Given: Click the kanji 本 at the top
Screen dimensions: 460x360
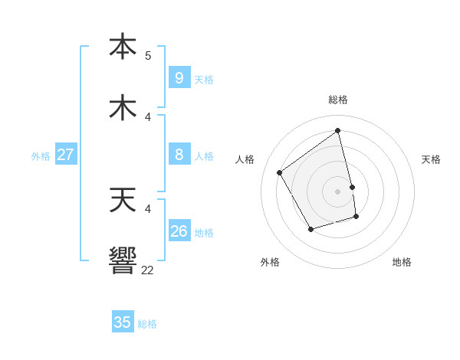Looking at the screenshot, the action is [123, 47].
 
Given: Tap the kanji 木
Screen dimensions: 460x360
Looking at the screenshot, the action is [123, 108].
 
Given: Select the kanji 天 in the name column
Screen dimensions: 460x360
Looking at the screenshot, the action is [123, 200].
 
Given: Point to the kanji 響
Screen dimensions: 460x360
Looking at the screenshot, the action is [123, 260].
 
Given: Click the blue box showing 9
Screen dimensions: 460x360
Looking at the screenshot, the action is [179, 77].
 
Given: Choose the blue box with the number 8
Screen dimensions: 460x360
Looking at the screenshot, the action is [179, 155].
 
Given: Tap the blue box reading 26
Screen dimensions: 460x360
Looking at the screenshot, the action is [179, 231].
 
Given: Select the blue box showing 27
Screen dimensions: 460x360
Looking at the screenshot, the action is [65, 155].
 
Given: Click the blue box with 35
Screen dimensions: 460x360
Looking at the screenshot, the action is [123, 322].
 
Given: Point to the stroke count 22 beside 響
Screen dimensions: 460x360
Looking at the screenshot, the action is [148, 270].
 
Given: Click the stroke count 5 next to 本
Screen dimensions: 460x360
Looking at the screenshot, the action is [148, 56].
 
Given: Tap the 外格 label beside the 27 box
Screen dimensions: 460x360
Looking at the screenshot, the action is [41, 156].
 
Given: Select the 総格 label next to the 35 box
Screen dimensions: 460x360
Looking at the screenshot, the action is [147, 324].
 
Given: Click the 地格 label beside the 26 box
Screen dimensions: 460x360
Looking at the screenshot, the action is [204, 233].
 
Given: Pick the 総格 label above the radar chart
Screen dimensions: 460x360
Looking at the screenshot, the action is [338, 100].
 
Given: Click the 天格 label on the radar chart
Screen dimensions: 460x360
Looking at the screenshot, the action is [431, 159].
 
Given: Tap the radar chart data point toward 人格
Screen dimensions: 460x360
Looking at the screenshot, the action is [280, 172].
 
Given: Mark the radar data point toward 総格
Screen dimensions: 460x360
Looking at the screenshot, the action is [338, 130].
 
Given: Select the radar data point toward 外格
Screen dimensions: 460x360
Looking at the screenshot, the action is [310, 229].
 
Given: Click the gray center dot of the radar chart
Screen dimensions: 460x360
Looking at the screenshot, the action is [338, 191].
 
